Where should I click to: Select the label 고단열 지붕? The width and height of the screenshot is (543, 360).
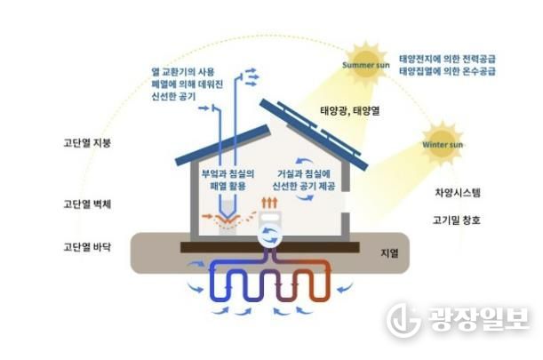(x=87, y=143)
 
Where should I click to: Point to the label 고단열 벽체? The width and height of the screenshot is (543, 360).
(x=87, y=204)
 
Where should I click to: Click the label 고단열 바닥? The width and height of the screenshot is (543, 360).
(x=87, y=247)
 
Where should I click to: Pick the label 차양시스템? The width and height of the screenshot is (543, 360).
(x=458, y=192)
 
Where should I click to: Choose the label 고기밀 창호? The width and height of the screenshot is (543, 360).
(x=457, y=220)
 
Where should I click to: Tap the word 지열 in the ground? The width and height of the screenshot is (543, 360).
(x=389, y=253)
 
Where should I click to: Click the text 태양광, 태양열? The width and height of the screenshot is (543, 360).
(x=350, y=111)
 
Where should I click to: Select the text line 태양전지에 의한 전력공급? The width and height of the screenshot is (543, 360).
(x=447, y=59)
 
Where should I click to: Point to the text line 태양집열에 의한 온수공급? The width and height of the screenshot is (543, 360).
(x=447, y=71)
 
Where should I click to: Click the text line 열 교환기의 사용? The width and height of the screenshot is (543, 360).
(x=183, y=72)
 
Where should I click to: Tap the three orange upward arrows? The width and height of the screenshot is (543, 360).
(x=269, y=203)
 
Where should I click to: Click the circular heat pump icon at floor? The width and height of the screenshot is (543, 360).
(x=269, y=236)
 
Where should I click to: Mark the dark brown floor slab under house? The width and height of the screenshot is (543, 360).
(x=270, y=247)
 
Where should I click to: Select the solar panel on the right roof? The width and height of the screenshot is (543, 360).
(x=314, y=134)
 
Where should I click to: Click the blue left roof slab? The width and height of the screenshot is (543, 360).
(x=223, y=146)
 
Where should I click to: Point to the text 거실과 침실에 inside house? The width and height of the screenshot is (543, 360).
(x=304, y=173)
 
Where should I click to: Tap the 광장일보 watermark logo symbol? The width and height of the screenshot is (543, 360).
(x=403, y=319)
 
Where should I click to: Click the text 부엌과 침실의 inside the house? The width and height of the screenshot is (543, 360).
(x=228, y=173)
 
